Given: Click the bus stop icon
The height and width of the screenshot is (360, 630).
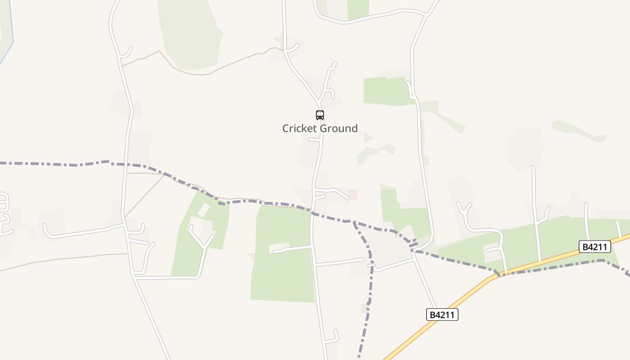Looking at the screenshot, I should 320,115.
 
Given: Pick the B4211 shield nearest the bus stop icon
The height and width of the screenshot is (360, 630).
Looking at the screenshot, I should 442,315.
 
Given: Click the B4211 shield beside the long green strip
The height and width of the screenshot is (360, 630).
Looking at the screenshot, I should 594,246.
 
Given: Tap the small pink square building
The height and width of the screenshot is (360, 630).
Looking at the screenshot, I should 353,194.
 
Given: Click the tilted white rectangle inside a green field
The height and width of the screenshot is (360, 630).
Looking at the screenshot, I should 204,210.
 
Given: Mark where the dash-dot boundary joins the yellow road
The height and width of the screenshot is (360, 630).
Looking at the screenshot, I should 499,275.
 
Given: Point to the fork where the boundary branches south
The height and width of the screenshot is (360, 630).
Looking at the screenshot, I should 354,222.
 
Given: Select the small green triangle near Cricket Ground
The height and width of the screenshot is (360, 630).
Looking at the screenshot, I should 368,137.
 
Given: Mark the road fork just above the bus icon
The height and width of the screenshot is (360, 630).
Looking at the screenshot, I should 319,100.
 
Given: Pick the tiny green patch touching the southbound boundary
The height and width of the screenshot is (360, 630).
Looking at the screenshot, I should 364,308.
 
